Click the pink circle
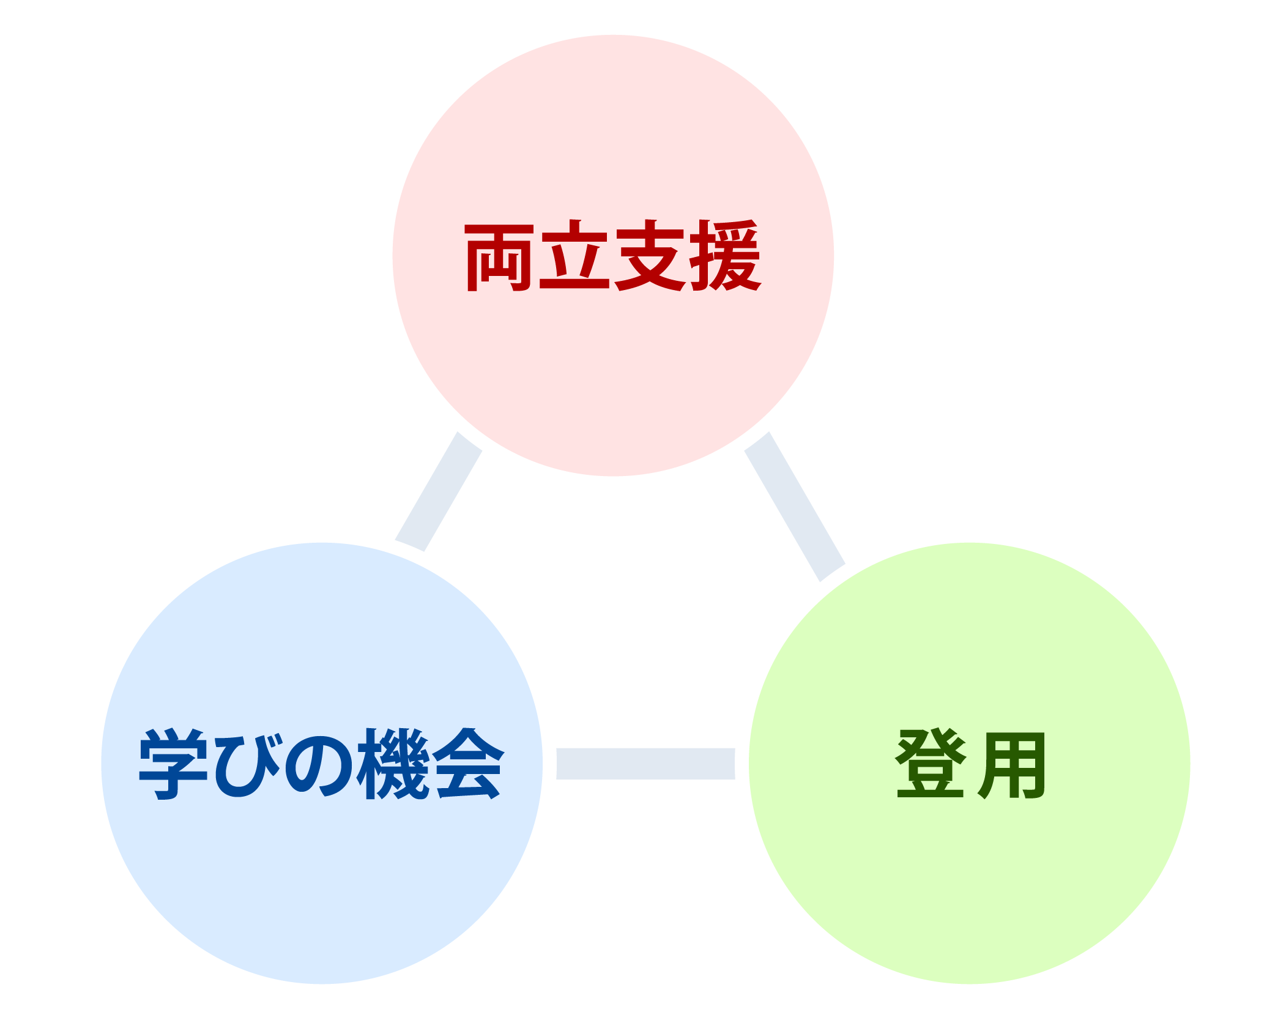coord(613,367)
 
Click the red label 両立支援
coord(612,255)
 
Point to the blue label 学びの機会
coord(322,764)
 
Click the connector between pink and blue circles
coord(439,491)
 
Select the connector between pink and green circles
coord(794,506)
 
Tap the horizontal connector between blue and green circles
coord(645,764)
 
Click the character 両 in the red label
coord(499,256)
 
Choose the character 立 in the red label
coord(574,255)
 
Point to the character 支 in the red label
coord(650,255)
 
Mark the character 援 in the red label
coord(726,255)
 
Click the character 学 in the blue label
coord(173,764)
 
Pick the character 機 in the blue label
coord(393,764)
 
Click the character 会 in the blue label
coord(468,764)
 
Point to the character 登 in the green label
coord(931,764)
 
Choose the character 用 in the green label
coord(1011,765)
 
